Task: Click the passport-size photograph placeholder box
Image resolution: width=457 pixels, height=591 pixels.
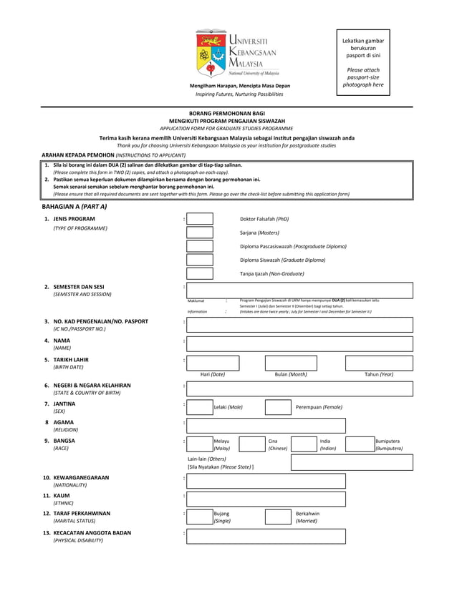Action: [363, 62]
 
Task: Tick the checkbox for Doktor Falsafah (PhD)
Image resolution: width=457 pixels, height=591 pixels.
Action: [200, 219]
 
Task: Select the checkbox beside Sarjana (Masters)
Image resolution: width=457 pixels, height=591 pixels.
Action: [200, 233]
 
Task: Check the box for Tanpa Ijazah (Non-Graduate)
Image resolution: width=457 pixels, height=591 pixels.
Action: [200, 273]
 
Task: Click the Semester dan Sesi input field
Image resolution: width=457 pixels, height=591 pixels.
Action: [299, 290]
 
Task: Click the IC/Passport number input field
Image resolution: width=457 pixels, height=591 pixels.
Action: [299, 325]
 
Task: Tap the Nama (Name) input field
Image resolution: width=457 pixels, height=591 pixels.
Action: [299, 343]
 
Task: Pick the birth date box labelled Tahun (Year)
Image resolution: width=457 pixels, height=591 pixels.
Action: [380, 363]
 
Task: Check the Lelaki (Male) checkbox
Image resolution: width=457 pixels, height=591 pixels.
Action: [200, 407]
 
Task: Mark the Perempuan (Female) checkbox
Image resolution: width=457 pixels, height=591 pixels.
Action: [278, 407]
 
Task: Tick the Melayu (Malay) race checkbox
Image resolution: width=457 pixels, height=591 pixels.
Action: [200, 444]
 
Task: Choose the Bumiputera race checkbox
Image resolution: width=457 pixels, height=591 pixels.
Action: [359, 444]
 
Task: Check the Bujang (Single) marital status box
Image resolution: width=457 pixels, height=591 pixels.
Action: [200, 517]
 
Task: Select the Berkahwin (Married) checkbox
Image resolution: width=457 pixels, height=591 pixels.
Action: [278, 517]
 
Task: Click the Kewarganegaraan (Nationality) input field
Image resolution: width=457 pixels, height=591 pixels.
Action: [266, 481]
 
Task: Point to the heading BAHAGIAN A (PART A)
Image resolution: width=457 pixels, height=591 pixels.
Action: [74, 206]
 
